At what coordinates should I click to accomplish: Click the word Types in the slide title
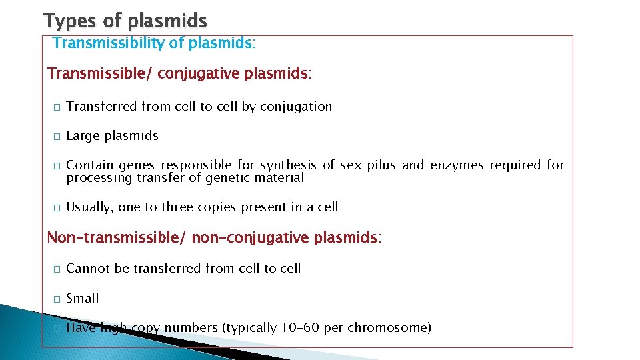(x=71, y=20)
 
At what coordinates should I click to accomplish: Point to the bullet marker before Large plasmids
(x=58, y=137)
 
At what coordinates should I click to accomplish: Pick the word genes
(x=139, y=165)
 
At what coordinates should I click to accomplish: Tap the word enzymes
(x=457, y=165)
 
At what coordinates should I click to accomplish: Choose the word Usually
(x=89, y=207)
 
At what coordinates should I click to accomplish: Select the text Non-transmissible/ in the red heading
(x=117, y=237)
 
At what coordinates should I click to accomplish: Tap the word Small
(x=83, y=299)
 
